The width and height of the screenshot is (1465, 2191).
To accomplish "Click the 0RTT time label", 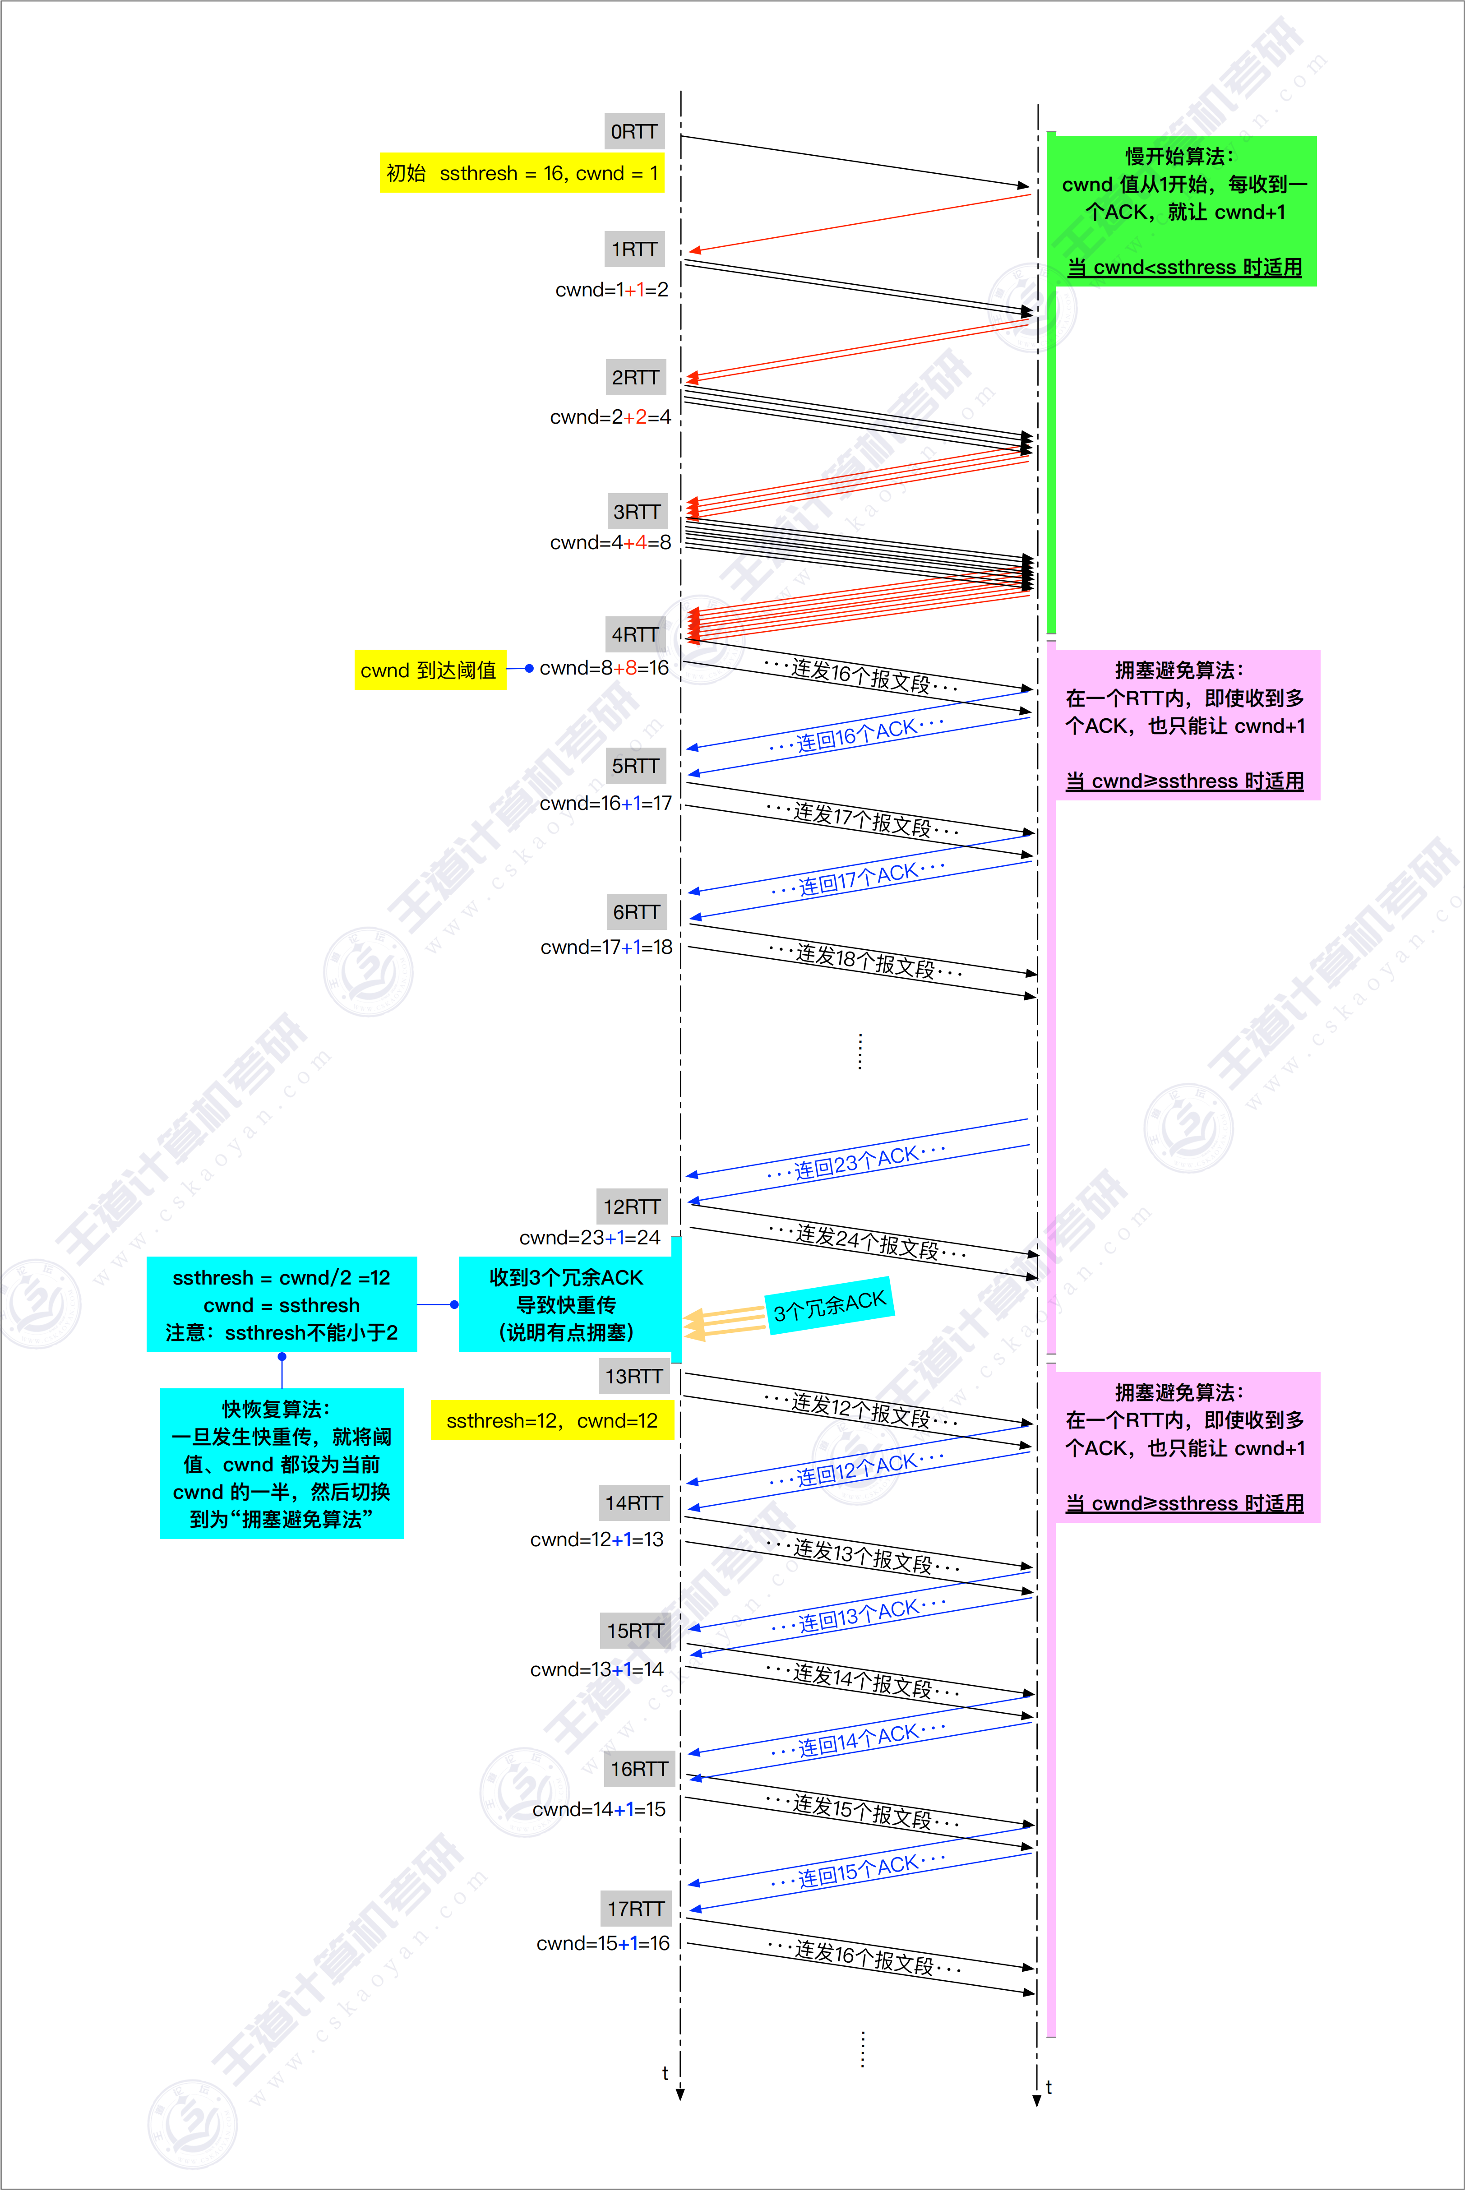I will click(634, 132).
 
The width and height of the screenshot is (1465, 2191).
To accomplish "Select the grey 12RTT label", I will click(632, 1206).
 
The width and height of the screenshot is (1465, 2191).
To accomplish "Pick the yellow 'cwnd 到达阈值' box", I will click(430, 670).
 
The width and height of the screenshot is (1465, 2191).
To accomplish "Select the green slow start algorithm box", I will click(1183, 211).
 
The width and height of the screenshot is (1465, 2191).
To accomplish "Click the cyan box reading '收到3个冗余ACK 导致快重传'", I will click(566, 1304).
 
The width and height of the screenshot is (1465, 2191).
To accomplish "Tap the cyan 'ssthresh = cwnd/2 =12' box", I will click(281, 1304).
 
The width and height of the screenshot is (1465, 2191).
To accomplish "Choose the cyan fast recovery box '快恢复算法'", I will click(281, 1463).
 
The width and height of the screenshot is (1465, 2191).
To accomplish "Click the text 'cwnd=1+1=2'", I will click(612, 290).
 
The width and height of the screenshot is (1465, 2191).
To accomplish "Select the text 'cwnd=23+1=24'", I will click(590, 1238).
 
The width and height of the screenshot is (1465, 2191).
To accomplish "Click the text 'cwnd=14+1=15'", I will click(599, 1809).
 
